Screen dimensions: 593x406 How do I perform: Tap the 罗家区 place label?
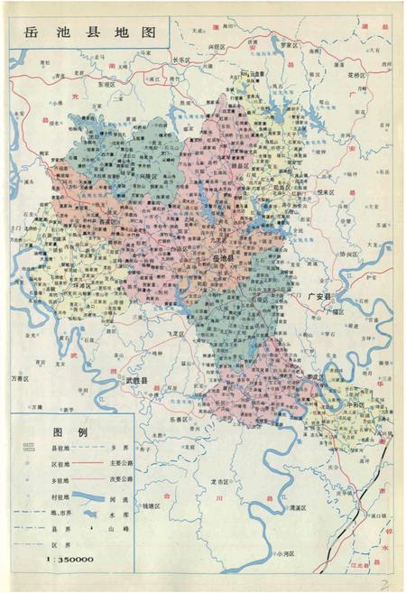(288, 43)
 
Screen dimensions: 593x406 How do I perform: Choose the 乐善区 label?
(178, 419)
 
